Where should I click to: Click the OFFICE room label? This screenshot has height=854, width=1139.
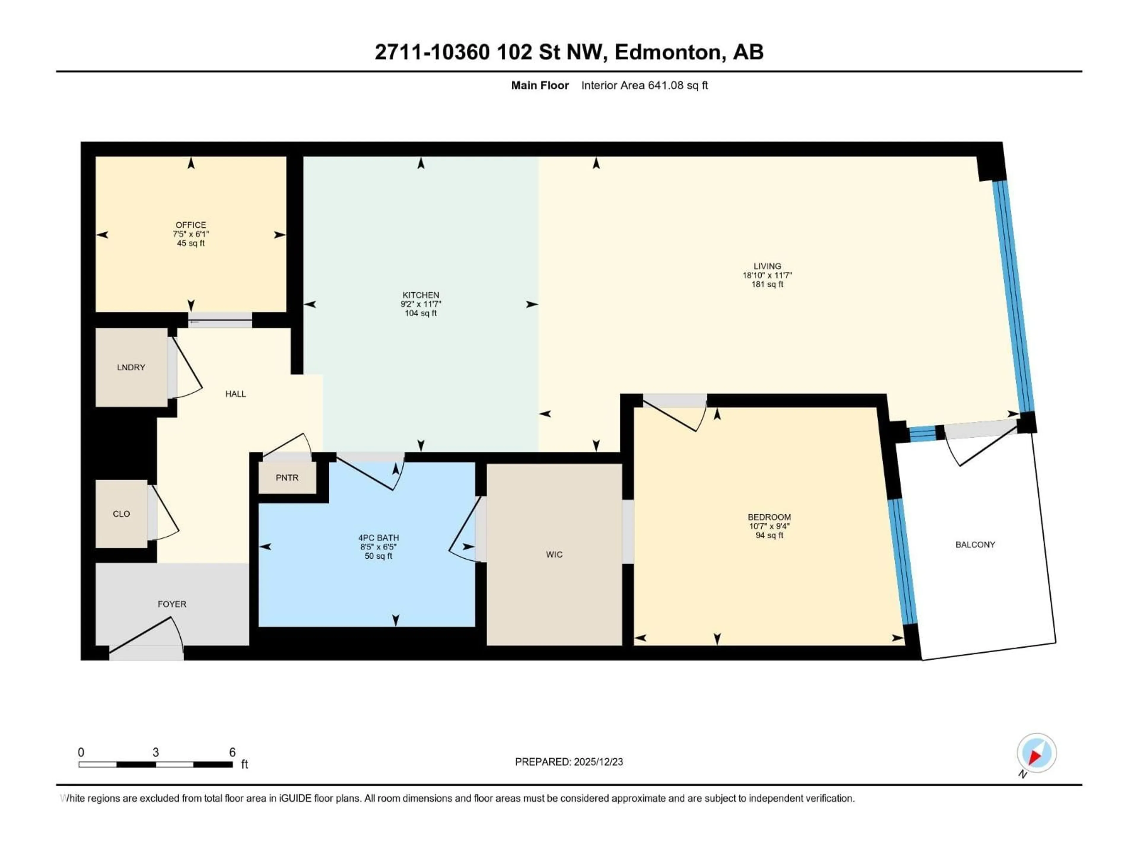tap(190, 225)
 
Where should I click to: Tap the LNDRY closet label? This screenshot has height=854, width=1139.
tap(131, 367)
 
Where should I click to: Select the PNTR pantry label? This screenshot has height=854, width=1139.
tap(287, 478)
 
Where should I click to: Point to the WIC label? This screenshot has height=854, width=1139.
tap(554, 555)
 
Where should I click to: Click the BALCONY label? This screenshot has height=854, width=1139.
tap(975, 545)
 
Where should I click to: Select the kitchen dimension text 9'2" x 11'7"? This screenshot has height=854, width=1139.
tap(421, 304)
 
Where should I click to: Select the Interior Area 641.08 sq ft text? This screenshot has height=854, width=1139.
tap(644, 85)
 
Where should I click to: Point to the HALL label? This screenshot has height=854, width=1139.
tap(235, 394)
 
